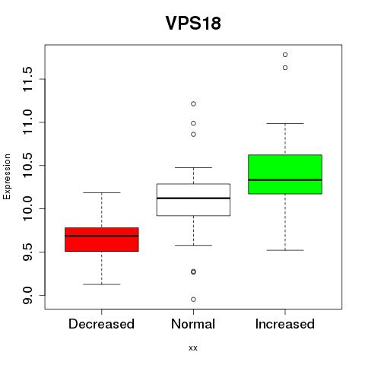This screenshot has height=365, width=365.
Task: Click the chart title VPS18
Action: click(x=193, y=23)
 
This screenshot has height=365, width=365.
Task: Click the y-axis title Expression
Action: click(x=7, y=176)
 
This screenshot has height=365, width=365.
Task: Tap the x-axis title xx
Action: click(x=193, y=348)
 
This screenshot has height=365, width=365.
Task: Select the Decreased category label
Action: click(x=101, y=324)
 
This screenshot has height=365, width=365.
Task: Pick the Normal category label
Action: click(x=193, y=324)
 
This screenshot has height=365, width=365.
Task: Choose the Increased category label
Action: click(x=285, y=324)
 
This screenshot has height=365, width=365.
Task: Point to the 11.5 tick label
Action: click(x=27, y=79)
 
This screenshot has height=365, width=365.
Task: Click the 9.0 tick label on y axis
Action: click(x=27, y=295)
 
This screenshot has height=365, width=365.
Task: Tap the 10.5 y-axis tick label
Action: click(x=27, y=166)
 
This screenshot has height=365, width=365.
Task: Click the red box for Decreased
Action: click(x=102, y=240)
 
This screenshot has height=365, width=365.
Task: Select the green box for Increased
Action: click(x=285, y=174)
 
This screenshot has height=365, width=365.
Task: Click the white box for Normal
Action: click(x=193, y=200)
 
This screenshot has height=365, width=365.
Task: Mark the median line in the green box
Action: click(x=285, y=180)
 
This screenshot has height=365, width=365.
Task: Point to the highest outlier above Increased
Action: click(x=285, y=55)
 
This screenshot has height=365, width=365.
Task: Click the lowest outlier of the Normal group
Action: click(x=193, y=300)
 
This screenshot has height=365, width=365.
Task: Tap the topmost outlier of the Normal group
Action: click(x=193, y=104)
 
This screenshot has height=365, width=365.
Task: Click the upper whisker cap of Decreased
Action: click(x=102, y=193)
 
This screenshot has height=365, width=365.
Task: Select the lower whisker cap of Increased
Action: click(x=285, y=250)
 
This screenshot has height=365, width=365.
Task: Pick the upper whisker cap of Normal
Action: click(x=193, y=168)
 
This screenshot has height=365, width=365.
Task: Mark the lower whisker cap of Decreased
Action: click(x=102, y=284)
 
